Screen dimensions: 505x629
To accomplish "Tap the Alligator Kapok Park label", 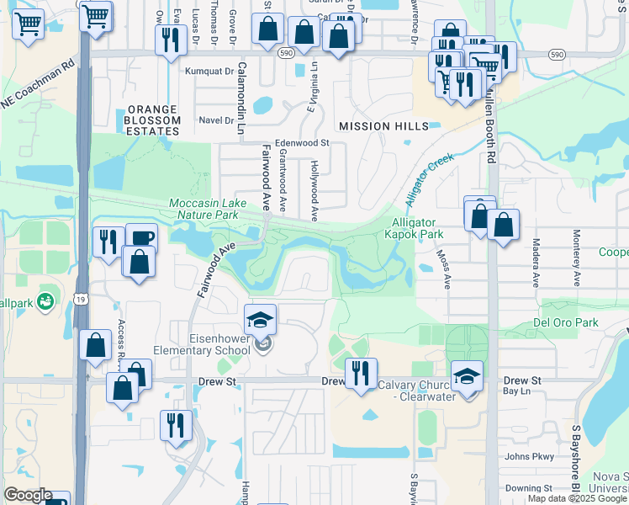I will point(417,228).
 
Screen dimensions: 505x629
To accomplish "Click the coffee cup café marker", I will point(141,238).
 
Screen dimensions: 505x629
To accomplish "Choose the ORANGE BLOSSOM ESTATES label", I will point(153,120).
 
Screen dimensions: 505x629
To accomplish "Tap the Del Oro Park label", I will point(564,322).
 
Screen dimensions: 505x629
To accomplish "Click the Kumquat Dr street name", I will point(209,72).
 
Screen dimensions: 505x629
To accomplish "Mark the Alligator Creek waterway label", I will point(429,179).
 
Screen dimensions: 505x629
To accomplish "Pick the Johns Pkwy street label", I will point(528,457).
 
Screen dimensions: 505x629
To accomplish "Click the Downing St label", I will point(528,488).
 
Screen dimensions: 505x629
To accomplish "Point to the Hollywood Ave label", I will point(314,191).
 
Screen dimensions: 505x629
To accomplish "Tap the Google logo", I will point(27,495).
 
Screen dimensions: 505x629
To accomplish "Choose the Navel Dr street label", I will point(217,120).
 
